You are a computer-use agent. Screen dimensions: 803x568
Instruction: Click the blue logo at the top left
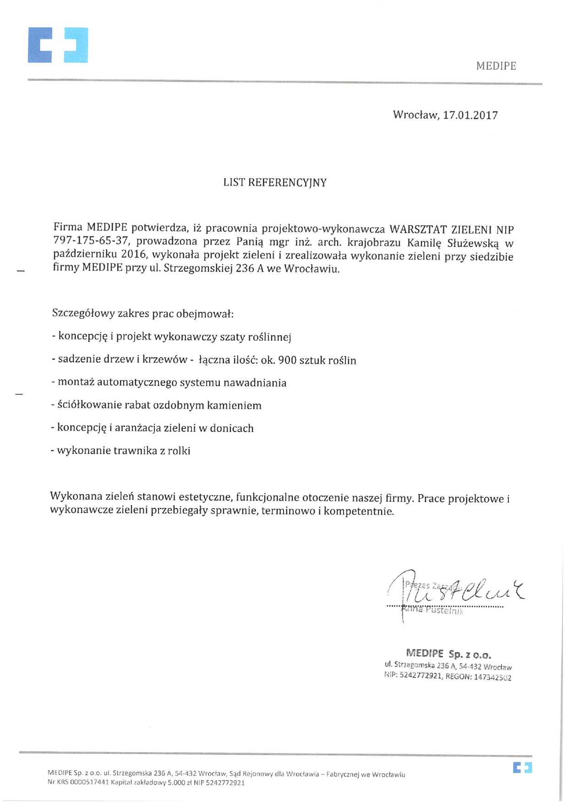point(58,45)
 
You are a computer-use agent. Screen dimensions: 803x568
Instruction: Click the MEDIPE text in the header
point(496,66)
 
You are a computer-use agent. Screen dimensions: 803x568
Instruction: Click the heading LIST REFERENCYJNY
point(275,182)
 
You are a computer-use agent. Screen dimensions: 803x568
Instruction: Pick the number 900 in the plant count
point(287,360)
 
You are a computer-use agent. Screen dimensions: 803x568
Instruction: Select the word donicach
point(231,428)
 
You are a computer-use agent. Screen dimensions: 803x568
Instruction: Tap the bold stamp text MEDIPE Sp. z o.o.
point(448,654)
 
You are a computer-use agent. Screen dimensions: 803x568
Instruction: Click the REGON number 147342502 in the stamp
point(492,677)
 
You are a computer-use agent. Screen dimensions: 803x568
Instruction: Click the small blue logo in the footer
point(522,767)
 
